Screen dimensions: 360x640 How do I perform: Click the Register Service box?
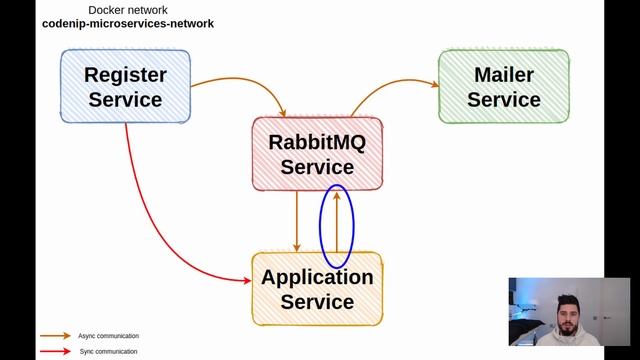click(125, 86)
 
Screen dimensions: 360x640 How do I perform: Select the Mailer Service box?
click(503, 86)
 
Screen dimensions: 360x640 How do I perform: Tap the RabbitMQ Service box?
click(317, 154)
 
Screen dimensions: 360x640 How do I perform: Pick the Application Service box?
click(317, 288)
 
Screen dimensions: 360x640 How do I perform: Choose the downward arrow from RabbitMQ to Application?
click(297, 222)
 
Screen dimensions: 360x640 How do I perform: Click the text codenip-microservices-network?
click(127, 23)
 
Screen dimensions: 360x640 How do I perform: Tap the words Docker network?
click(127, 9)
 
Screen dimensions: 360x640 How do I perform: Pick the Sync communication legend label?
click(107, 352)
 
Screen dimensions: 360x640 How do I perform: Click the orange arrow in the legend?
click(55, 336)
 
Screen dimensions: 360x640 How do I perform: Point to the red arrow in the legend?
click(55, 352)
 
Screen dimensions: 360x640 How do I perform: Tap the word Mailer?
click(504, 74)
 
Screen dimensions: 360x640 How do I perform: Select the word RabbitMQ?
click(317, 142)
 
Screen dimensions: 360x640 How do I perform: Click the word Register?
click(125, 74)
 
